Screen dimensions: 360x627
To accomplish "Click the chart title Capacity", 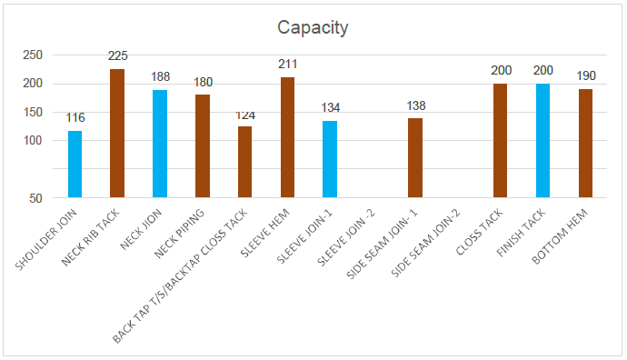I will pyautogui.click(x=313, y=27).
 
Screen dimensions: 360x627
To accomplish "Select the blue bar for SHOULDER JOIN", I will pyautogui.click(x=75, y=164).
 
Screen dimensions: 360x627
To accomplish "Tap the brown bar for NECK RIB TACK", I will pyautogui.click(x=117, y=133).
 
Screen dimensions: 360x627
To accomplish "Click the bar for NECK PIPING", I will pyautogui.click(x=203, y=145).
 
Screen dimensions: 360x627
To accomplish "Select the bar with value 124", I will pyautogui.click(x=244, y=162).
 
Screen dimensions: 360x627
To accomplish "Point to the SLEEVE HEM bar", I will pyautogui.click(x=287, y=137).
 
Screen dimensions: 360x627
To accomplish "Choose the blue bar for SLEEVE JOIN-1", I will pyautogui.click(x=330, y=159).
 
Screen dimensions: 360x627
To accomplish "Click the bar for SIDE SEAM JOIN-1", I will pyautogui.click(x=415, y=157).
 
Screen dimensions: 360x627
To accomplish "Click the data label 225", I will pyautogui.click(x=117, y=56).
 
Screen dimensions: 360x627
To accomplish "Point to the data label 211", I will pyautogui.click(x=287, y=65).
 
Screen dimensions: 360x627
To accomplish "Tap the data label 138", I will pyautogui.click(x=415, y=106).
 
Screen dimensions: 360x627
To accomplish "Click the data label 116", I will pyautogui.click(x=75, y=118).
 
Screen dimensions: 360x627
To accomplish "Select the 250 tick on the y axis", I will pyautogui.click(x=33, y=55).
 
